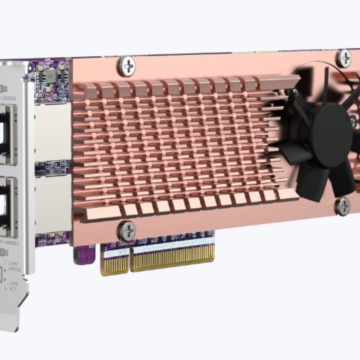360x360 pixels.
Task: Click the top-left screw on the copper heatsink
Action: tap(126, 66)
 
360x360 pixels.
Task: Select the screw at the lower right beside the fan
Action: tap(342, 205)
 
